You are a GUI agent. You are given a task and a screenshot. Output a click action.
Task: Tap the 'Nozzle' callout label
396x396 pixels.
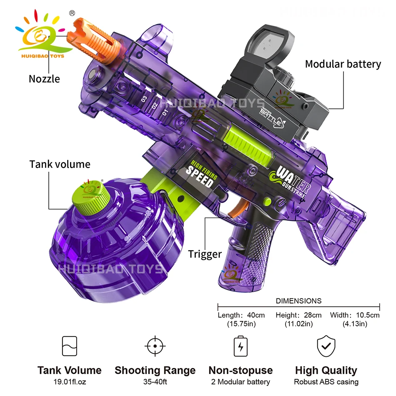pos(44,79)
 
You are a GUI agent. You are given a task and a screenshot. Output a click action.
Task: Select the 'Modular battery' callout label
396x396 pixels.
pos(343,64)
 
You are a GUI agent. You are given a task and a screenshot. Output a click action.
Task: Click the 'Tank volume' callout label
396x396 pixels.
pos(60,164)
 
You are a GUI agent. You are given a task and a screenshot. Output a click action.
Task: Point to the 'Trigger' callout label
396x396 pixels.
pos(205,254)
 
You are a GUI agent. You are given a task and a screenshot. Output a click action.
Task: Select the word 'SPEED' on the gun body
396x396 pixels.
pos(200,176)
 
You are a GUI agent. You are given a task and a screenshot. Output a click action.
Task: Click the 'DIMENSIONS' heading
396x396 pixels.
pos(298,301)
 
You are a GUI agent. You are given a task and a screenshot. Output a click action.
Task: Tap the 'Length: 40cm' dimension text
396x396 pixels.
pos(241,315)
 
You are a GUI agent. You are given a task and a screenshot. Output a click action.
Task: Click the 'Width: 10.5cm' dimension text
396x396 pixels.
pos(355,315)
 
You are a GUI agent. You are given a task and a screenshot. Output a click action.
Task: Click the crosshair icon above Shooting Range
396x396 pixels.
pos(155,346)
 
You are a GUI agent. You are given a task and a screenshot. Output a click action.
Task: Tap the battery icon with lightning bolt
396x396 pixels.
pos(241,346)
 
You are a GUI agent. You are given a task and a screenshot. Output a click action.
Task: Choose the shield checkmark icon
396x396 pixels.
pos(326,346)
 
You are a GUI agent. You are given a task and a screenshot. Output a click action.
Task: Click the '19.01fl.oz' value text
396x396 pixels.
pos(69,382)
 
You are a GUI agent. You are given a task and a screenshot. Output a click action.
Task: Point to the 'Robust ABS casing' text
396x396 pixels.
pos(326,382)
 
